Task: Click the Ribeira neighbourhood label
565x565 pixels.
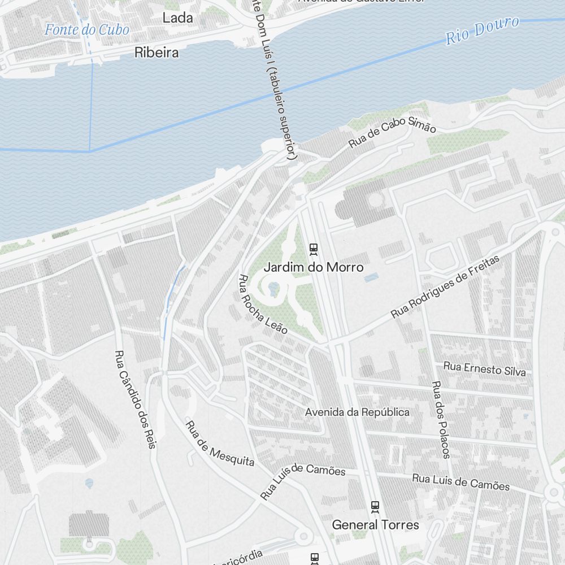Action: (x=157, y=53)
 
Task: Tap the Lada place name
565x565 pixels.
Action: (x=177, y=18)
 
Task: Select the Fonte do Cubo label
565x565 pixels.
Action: (x=87, y=30)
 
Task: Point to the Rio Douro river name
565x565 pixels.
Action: (x=482, y=31)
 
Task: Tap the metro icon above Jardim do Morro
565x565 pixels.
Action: (x=314, y=249)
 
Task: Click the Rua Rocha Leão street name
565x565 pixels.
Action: (x=263, y=304)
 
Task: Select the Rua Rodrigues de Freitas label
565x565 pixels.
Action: (x=445, y=286)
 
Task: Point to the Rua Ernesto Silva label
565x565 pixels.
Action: (x=484, y=369)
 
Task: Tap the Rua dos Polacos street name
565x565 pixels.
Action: (x=441, y=419)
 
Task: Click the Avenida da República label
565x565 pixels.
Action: (x=357, y=412)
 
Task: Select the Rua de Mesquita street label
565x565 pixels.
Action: (x=220, y=444)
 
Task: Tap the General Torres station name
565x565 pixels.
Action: (x=375, y=525)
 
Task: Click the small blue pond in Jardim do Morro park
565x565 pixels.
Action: (x=273, y=289)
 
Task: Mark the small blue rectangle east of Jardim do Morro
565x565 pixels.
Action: (x=371, y=278)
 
